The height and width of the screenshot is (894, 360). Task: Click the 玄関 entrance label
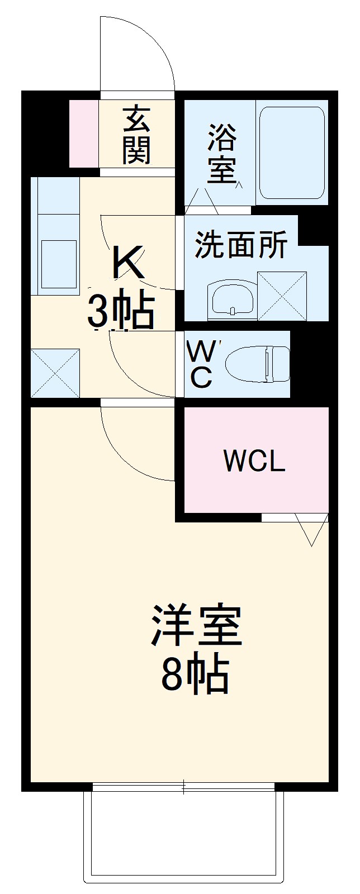pos(137,135)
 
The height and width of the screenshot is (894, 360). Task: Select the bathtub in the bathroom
pos(291,152)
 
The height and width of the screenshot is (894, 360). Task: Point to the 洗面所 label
pos(241,245)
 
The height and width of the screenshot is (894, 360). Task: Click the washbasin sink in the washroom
pos(231,299)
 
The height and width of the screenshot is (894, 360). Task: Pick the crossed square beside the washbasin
pos(282,296)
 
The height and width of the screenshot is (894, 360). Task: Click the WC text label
pos(200,364)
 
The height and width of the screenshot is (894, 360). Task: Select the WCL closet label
pos(254,461)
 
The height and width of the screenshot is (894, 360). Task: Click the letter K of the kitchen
pos(129,263)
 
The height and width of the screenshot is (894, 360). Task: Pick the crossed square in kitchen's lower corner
pos(55,373)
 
